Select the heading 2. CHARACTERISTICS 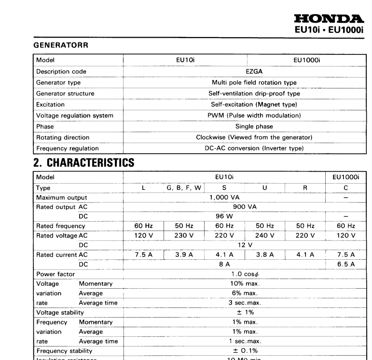tap(83, 163)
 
